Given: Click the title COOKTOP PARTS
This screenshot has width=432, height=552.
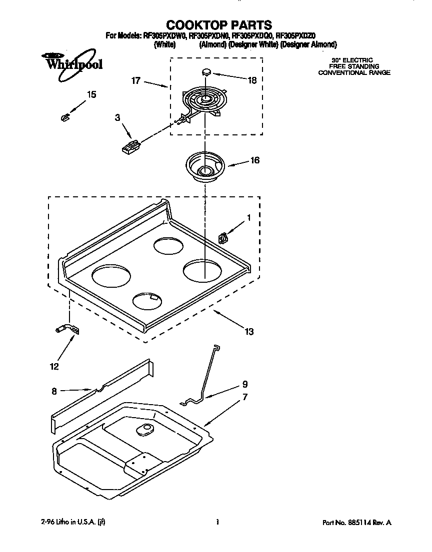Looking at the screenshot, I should pos(218,24).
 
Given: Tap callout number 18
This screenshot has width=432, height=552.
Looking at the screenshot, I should pos(252,80).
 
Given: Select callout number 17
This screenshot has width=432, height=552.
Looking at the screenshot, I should pos(136,80).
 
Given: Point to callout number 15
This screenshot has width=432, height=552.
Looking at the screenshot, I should pos(91,94).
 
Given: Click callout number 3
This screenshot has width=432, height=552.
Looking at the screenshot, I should pos(117,117).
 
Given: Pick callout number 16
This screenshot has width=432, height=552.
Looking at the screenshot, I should pos(254,160).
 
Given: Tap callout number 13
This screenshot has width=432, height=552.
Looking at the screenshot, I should pos(249,331).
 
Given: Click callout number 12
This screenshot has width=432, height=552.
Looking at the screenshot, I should pos(54,366).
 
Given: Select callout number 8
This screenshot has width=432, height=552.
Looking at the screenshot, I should pos(54,391).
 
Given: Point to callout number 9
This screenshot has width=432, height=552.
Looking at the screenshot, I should pos(244,384).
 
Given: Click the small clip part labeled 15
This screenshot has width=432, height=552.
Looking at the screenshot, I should pos(64,117).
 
